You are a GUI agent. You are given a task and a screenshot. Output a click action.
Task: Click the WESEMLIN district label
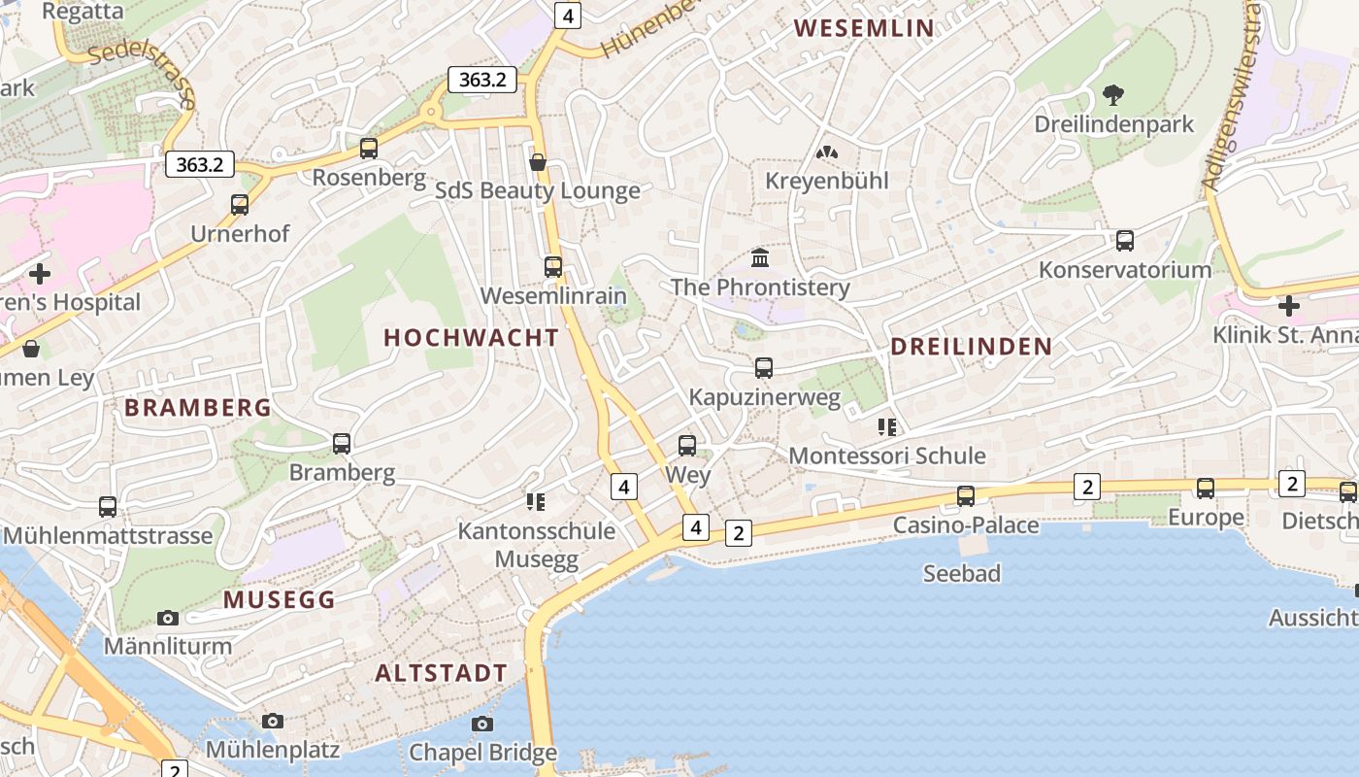[x=864, y=28]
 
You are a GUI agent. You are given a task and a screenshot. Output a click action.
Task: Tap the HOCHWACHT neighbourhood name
[x=471, y=338]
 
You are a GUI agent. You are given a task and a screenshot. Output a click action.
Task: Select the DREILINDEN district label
[x=971, y=347]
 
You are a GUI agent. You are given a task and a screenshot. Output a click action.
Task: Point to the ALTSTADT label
[x=441, y=673]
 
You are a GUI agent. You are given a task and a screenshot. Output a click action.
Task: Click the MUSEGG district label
[x=279, y=600]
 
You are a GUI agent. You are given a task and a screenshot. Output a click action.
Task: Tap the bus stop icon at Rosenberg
[x=369, y=149]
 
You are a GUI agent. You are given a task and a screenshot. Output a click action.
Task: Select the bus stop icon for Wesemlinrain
[x=553, y=267]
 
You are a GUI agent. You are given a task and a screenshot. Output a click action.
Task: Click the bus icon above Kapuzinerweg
[x=764, y=368]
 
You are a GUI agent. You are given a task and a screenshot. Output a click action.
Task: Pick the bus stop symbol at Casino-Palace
[x=966, y=496]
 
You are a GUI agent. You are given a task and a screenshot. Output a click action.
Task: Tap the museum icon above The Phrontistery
[x=760, y=258]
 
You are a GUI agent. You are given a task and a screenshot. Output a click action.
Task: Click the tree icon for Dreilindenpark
[x=1113, y=95]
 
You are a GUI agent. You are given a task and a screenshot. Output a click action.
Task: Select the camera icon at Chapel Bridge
[x=482, y=724]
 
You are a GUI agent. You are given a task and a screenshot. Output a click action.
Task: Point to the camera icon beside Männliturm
[x=168, y=618]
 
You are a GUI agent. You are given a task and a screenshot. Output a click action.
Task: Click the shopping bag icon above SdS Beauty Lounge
[x=538, y=162]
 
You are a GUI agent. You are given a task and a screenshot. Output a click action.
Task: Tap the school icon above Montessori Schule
[x=886, y=426]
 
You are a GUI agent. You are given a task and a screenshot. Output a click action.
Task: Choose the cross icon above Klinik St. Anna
[x=1289, y=307]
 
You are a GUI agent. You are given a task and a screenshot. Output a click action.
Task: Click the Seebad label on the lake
[x=961, y=574]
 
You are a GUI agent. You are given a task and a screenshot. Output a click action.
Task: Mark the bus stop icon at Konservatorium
[x=1125, y=241]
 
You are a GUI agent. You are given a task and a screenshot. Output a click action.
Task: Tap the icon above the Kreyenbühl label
[x=827, y=152]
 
